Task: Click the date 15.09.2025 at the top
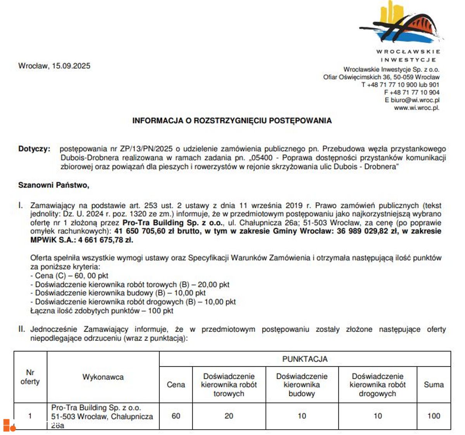point(71,66)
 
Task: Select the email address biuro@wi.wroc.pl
point(415,100)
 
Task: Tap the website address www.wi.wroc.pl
point(417,108)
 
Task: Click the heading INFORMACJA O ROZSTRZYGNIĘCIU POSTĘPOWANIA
point(232,120)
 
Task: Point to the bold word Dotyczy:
point(34,149)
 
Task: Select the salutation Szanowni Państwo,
point(53,185)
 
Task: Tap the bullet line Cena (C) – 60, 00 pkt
point(69,276)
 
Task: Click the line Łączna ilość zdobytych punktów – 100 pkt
point(102,311)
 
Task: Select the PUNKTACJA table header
point(305,359)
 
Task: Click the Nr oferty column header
point(30,377)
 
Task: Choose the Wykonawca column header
point(103,377)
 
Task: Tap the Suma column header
point(434,385)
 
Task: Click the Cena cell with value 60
point(176,416)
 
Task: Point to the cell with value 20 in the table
point(229,416)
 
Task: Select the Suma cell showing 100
point(434,416)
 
